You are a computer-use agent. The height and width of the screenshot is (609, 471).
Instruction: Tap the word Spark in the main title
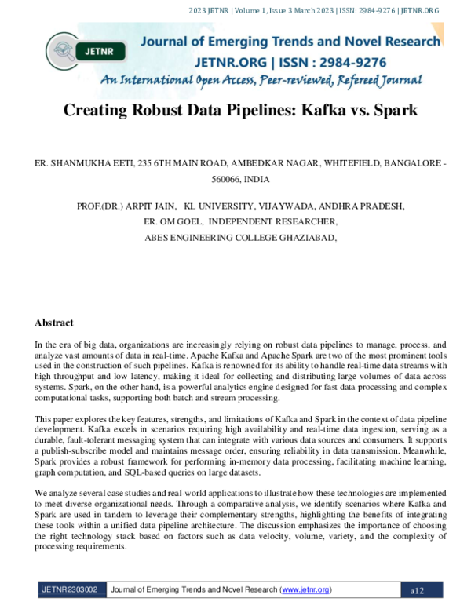tap(395, 110)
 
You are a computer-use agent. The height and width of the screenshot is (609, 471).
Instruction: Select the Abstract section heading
tap(54, 323)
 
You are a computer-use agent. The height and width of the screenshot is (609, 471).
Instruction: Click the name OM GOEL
tap(181, 221)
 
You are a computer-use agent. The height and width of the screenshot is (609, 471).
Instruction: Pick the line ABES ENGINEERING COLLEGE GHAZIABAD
tap(241, 236)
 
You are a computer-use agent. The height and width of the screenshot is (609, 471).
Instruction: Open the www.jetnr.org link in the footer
tap(305, 589)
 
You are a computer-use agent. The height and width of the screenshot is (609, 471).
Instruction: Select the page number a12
tap(417, 589)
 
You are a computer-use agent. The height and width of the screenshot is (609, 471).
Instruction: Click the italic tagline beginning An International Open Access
tap(261, 80)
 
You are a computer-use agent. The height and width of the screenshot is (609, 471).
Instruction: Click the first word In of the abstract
tap(39, 345)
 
